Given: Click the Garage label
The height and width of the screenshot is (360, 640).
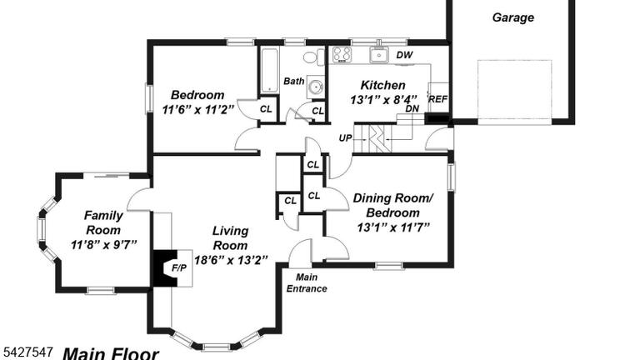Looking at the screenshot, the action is pos(513,17).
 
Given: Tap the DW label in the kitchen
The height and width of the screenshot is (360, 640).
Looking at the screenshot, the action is pos(404,55).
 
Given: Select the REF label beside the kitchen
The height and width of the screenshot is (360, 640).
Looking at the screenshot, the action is pos(437,99).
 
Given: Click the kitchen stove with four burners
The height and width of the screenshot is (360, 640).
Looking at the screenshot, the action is pos(342,55).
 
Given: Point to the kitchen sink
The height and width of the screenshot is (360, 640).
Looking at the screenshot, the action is pos(379,54).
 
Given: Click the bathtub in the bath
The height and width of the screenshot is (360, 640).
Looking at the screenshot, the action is pos(269,71).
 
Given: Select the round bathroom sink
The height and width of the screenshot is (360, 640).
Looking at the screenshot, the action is pos(316,87).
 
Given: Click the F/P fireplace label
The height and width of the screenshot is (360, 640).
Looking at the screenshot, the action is pos(179,268).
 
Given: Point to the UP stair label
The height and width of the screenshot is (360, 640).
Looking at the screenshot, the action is pos(345,138).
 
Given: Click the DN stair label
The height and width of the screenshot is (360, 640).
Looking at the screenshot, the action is pos(412,109).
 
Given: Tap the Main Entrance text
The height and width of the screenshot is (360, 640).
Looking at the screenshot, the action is pos(307,282).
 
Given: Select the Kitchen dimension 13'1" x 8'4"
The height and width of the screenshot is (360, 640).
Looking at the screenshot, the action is pos(383,100).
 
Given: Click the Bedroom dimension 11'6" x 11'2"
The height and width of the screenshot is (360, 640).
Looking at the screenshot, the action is pos(198,110).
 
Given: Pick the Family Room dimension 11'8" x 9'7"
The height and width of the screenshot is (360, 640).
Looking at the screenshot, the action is pos(103,245).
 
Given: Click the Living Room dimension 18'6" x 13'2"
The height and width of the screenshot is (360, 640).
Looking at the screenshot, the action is pos(231,260).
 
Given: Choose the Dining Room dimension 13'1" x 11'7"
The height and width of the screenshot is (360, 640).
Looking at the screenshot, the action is pos(393,227).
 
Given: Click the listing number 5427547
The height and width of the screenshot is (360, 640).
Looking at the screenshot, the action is pos(28,352).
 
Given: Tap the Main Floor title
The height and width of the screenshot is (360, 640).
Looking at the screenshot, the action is pos(110,353).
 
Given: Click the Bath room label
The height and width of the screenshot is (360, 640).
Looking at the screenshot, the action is pos(294,81).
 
